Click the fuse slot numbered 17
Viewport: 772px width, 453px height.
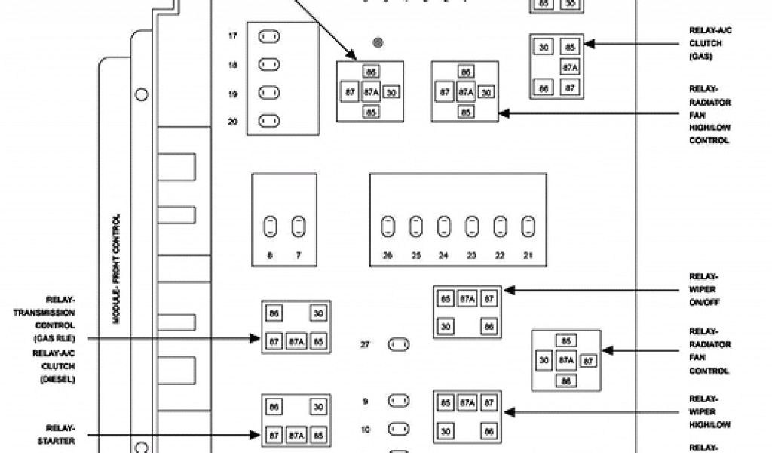pyautogui.click(x=269, y=36)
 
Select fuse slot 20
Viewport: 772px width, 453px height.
pyautogui.click(x=269, y=121)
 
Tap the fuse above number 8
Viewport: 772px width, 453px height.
pyautogui.click(x=270, y=226)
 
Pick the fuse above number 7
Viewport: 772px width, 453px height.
pyautogui.click(x=299, y=226)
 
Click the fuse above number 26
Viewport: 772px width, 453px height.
pyautogui.click(x=388, y=226)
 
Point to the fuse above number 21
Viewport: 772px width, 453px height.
pyautogui.click(x=528, y=226)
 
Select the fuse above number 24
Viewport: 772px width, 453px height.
pyautogui.click(x=444, y=226)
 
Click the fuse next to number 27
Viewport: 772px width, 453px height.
pyautogui.click(x=398, y=345)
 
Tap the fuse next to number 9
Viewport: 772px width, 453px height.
pyautogui.click(x=398, y=401)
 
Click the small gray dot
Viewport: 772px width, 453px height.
pyautogui.click(x=378, y=42)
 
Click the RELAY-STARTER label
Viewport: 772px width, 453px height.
pyautogui.click(x=60, y=434)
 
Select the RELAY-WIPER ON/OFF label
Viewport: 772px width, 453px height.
pyautogui.click(x=703, y=289)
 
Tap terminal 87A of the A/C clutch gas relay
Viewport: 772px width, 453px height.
pyautogui.click(x=570, y=67)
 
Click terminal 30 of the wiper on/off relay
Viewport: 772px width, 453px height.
pyautogui.click(x=446, y=326)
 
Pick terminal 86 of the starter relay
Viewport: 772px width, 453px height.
pyautogui.click(x=274, y=408)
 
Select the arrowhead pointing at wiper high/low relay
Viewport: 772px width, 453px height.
pyautogui.click(x=507, y=412)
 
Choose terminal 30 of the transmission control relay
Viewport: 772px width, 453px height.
pyautogui.click(x=319, y=313)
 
